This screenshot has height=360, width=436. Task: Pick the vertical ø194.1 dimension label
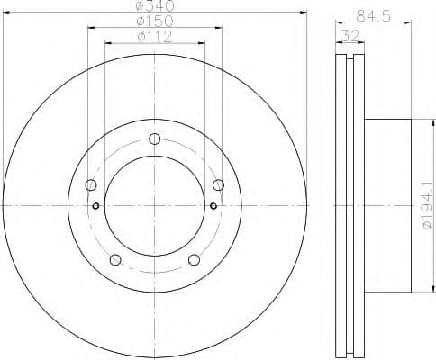426,206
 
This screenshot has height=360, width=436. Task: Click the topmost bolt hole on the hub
155,139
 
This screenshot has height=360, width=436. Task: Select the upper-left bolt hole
90,185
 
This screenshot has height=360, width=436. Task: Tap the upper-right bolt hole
219,185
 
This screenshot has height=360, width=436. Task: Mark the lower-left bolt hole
114,261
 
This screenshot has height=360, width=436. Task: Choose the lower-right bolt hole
195,261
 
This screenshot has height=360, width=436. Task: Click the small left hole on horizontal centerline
95,206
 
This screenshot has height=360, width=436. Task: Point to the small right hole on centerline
213,206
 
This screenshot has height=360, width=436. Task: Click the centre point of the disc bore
155,206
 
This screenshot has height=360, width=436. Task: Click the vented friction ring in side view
346,206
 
